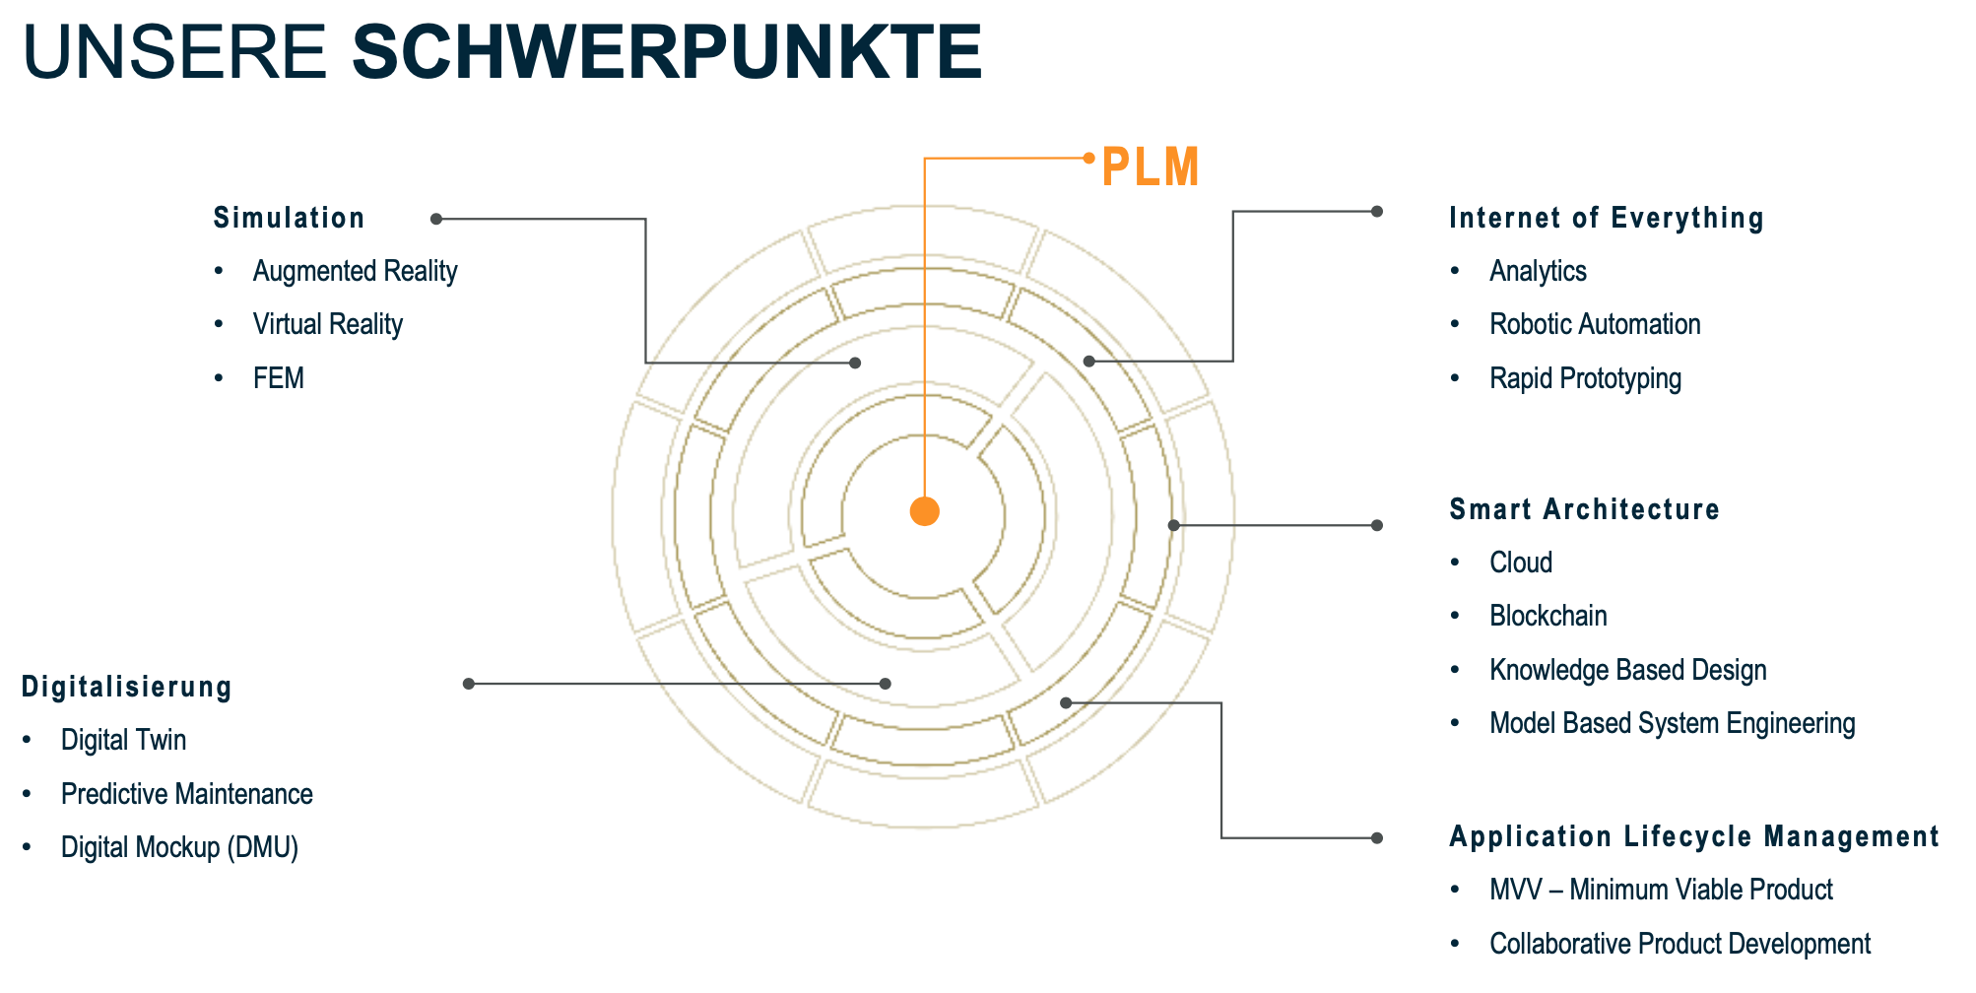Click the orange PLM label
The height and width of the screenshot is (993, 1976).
1150,166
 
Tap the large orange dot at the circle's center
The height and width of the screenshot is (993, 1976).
924,511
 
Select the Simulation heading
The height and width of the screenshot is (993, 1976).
289,218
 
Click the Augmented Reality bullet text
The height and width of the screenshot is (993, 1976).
355,271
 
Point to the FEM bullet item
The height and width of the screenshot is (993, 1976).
278,378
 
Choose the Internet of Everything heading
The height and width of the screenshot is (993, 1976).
1606,218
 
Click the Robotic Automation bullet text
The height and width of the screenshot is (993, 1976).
1594,324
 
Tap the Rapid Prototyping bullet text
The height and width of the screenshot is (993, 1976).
1585,378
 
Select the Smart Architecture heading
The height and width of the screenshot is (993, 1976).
1584,509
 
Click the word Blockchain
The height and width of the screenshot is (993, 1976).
1548,616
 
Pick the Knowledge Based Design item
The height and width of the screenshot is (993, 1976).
1627,670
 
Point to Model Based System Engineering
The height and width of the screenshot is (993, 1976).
1672,723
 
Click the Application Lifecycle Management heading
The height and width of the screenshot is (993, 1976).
1693,836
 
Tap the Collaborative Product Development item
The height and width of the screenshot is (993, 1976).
1680,944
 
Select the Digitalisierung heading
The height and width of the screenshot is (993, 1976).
126,687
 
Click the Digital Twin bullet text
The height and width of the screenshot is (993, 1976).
123,740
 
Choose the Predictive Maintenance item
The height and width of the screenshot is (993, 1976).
186,794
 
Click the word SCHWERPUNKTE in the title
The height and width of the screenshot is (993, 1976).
667,51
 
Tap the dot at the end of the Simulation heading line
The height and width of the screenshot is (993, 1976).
436,219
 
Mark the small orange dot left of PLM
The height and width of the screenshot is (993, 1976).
1088,158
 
